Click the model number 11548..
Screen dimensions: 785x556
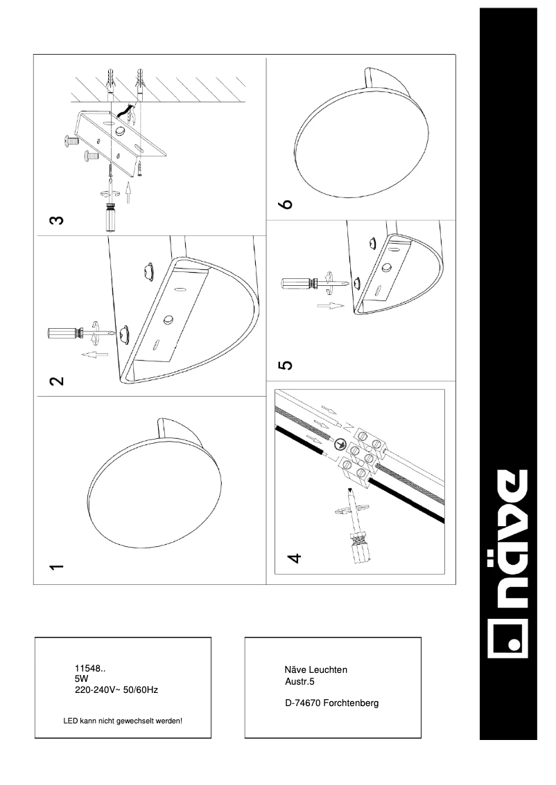point(90,669)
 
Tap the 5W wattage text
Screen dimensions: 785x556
point(82,680)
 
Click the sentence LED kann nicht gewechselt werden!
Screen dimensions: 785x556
point(123,721)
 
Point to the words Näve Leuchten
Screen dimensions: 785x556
point(315,669)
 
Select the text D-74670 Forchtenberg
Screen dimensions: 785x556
point(331,703)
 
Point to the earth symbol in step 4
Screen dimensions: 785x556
point(342,446)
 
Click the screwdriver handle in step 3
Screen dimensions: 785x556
point(110,218)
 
